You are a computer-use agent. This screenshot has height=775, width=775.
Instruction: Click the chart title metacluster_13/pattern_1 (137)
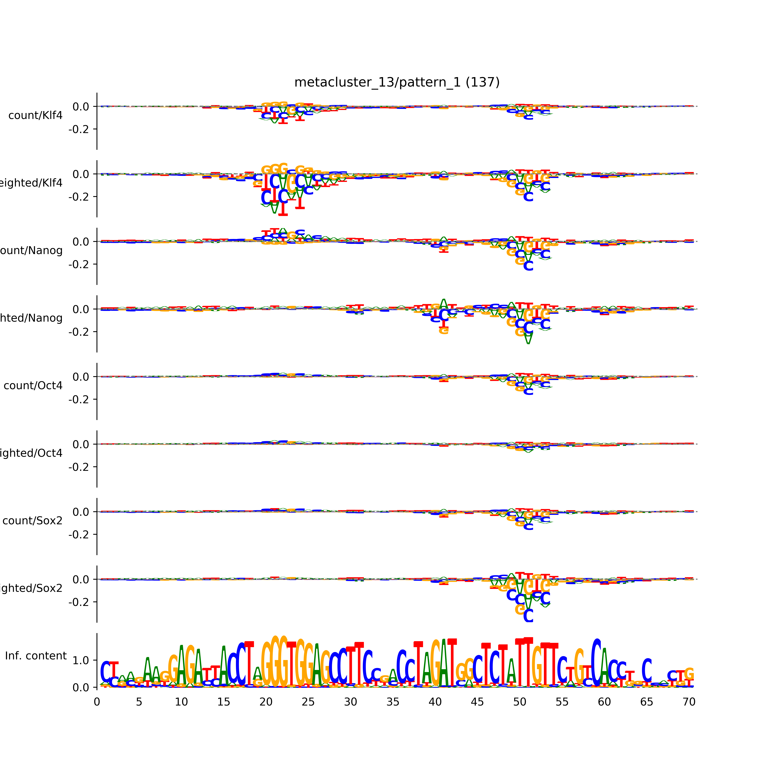click(397, 82)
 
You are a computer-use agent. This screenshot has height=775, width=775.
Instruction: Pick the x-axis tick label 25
click(308, 702)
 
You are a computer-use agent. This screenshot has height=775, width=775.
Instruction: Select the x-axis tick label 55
click(562, 702)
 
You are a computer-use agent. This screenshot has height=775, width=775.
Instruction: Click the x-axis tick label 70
click(689, 702)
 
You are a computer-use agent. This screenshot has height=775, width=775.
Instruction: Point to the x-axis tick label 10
click(181, 702)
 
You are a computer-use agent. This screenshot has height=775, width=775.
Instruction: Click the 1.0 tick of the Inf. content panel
click(81, 660)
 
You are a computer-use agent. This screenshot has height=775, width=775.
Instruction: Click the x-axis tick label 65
click(647, 702)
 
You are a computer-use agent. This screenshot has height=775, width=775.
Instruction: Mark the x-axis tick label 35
click(393, 702)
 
